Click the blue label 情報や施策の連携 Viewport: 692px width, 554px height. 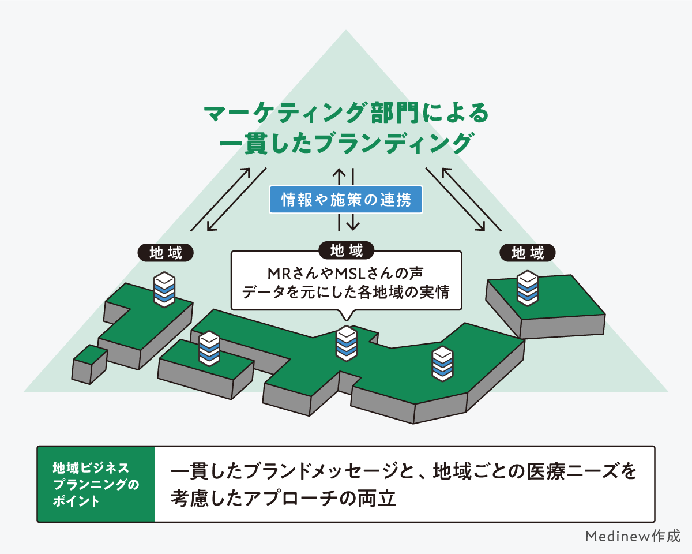coord(346,200)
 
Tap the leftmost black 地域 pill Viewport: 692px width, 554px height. coord(166,253)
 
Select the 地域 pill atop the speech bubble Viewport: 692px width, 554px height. coord(346,250)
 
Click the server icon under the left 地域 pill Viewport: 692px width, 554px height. coord(164,289)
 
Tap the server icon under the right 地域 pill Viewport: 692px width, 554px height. coord(527,287)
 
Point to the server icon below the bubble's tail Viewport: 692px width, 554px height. coord(346,343)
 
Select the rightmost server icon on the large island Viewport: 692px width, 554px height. coord(442,364)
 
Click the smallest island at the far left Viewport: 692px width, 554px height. coord(89,364)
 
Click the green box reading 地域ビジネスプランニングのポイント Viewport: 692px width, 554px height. coord(96,484)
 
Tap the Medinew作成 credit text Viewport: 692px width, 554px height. coord(633,536)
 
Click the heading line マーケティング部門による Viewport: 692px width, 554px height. coord(346,113)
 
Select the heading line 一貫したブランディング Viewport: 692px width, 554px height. coord(346,143)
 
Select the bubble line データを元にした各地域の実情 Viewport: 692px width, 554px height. coord(346,292)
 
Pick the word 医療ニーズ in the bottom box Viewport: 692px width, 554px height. coord(574,471)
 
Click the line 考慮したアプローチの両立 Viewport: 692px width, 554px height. coord(283,497)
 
